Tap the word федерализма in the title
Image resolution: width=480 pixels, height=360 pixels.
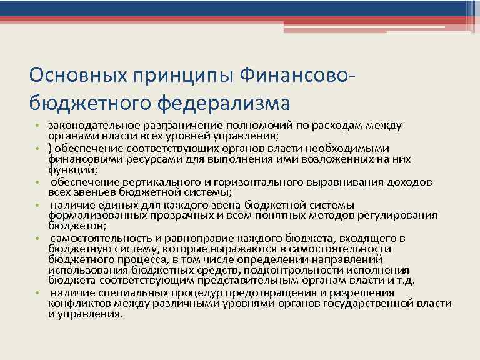[x=224, y=101]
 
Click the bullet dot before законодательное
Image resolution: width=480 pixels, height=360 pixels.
[x=38, y=127]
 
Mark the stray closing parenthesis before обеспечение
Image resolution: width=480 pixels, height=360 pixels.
[x=50, y=148]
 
